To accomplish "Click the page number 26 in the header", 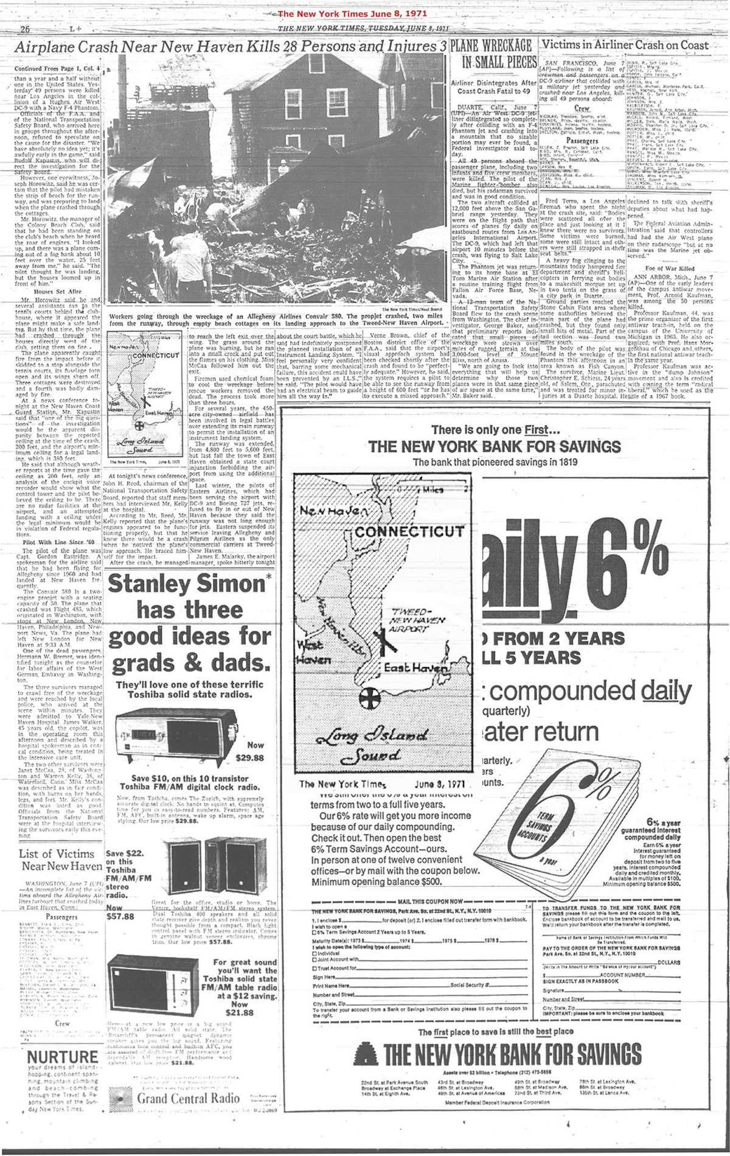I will [x=25, y=29].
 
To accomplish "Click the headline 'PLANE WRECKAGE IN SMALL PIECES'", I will [x=494, y=54].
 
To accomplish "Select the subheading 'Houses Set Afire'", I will [x=58, y=292].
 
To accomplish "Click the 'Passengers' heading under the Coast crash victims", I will [x=582, y=141].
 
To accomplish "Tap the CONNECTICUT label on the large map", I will [x=409, y=532].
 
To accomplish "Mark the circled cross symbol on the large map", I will [x=367, y=699].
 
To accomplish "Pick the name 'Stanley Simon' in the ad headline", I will [x=186, y=584].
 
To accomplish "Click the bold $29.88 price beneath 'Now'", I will [x=249, y=758].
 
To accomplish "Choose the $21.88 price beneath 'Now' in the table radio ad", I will [x=240, y=1012].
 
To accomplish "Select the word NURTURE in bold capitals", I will [x=63, y=1057].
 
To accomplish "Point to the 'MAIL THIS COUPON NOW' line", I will [x=432, y=901].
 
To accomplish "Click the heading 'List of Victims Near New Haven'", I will [x=61, y=860].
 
